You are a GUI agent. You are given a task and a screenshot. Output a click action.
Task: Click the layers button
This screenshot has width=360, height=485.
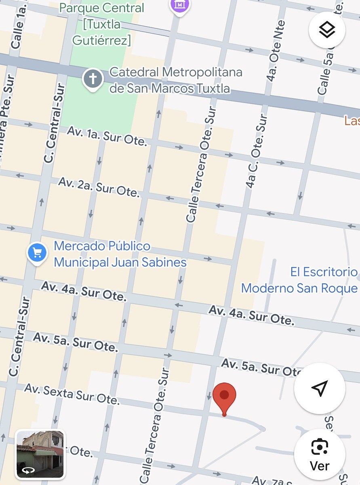click(x=326, y=30)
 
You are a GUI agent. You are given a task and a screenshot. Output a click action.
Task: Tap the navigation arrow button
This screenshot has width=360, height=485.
click(x=319, y=388)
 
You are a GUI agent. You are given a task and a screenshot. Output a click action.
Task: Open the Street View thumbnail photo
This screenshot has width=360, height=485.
click(x=40, y=454)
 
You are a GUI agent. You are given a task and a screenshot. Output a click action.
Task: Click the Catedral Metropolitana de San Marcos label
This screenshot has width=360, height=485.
click(x=175, y=80)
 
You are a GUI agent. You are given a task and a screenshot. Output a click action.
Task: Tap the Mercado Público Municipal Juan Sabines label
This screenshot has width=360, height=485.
click(x=120, y=254)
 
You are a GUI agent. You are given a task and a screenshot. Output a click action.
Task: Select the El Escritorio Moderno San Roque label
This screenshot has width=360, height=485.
click(x=299, y=280)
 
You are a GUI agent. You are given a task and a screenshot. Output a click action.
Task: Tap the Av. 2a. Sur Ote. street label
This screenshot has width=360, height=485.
click(x=99, y=187)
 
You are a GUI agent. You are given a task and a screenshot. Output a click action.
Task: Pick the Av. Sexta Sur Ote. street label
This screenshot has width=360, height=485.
click(x=72, y=394)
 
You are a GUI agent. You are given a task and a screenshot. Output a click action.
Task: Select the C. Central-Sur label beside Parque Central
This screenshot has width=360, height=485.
click(x=55, y=123)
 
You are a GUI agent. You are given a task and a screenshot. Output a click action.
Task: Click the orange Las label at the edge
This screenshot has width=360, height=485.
click(x=352, y=120)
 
